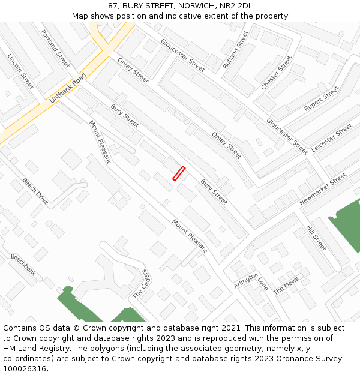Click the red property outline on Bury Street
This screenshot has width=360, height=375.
point(179,173)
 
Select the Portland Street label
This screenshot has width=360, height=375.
point(56,48)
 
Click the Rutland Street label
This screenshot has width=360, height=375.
point(235,49)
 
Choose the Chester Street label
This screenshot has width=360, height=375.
point(276,73)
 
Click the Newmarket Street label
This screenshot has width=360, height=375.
point(323,189)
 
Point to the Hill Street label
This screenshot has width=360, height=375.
point(316,238)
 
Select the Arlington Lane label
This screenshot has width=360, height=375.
point(251,278)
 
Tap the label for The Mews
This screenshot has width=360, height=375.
point(286,284)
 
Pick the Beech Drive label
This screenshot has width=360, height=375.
point(35,191)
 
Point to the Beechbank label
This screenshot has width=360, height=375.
point(23,265)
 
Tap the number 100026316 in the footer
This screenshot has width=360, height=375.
point(25,369)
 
